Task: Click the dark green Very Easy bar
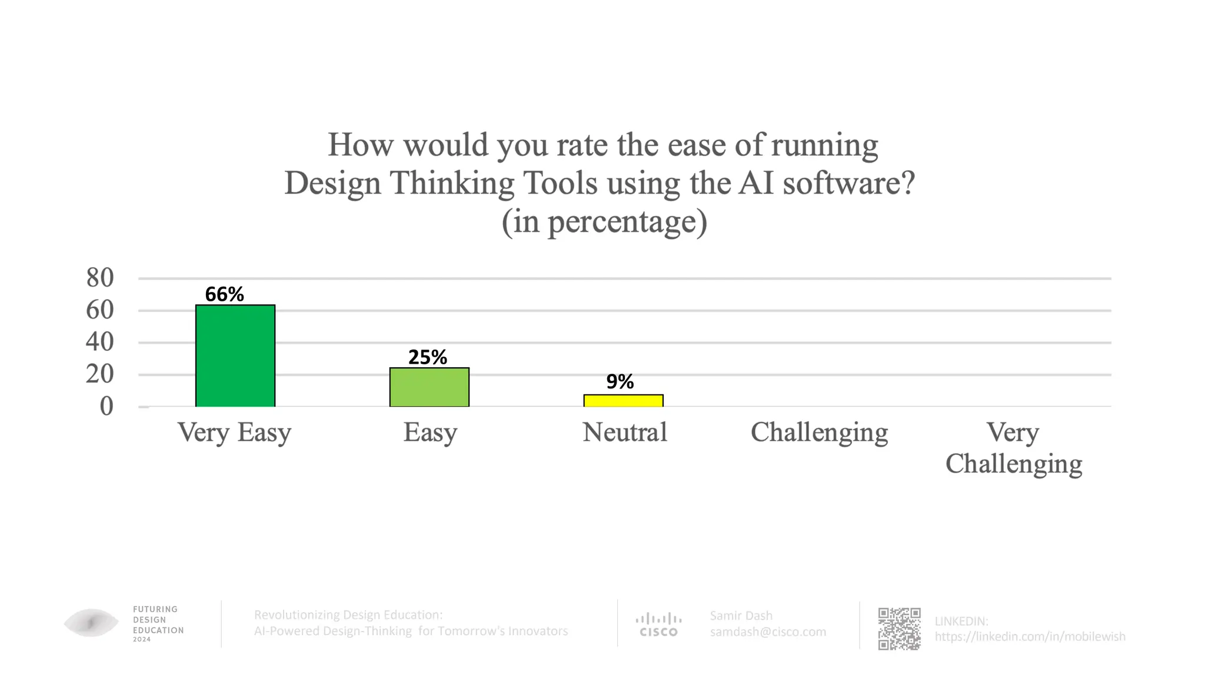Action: tap(235, 355)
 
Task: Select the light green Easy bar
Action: tap(430, 387)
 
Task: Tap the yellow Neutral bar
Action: tap(623, 401)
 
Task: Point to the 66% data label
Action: tap(224, 294)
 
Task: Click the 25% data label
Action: tap(428, 357)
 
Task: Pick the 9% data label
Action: tap(620, 382)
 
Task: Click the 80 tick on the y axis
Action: tap(100, 278)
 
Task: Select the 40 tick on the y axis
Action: tap(100, 342)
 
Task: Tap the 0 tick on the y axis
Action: tap(106, 406)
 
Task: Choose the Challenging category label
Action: tap(819, 433)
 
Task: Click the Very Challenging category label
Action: tap(1013, 448)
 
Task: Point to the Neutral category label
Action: tap(625, 433)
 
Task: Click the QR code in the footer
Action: tap(899, 629)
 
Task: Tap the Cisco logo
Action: tap(658, 625)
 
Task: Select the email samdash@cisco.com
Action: tap(768, 632)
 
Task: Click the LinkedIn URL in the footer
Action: tap(1030, 636)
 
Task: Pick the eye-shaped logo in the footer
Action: tap(91, 623)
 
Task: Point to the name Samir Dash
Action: tap(741, 616)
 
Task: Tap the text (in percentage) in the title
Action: tap(604, 222)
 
